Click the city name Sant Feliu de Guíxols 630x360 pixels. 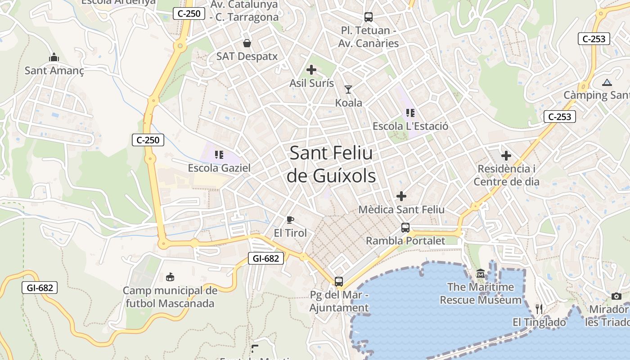tap(331, 164)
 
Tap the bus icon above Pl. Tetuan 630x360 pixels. tap(369, 17)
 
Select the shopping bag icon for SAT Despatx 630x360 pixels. tap(247, 43)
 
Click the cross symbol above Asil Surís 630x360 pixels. tap(311, 70)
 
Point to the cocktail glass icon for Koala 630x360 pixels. tap(348, 90)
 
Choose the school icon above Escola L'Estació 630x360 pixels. tap(410, 113)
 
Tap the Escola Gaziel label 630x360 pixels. tap(219, 168)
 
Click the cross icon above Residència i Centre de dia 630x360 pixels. tap(506, 156)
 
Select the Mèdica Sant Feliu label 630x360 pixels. tap(401, 210)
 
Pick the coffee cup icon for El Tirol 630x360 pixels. tap(290, 220)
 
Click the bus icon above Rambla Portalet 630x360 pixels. tap(405, 227)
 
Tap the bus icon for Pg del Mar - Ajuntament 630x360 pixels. tap(339, 282)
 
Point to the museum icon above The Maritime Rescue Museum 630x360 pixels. tap(481, 274)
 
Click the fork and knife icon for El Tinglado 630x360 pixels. tap(539, 309)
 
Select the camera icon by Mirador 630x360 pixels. tap(616, 296)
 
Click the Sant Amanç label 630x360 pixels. tap(54, 71)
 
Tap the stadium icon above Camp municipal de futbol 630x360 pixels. tap(170, 277)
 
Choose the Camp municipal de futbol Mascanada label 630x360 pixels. tap(170, 297)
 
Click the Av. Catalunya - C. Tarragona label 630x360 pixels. tap(244, 11)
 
